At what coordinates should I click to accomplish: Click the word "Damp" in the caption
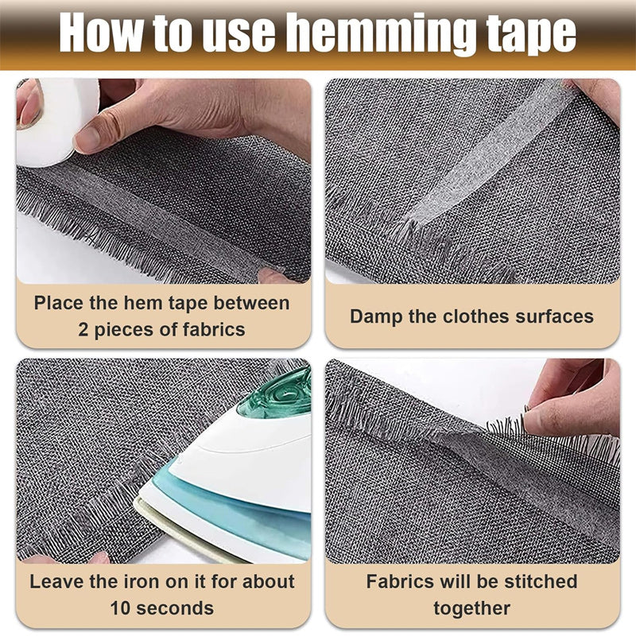pyautogui.click(x=377, y=316)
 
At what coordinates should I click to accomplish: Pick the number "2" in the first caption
pyautogui.click(x=84, y=329)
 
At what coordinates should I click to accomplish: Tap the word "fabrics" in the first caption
pyautogui.click(x=213, y=329)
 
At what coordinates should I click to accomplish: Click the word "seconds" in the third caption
pyautogui.click(x=179, y=608)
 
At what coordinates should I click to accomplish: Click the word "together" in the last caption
pyautogui.click(x=472, y=608)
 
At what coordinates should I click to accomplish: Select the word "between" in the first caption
pyautogui.click(x=253, y=303)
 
